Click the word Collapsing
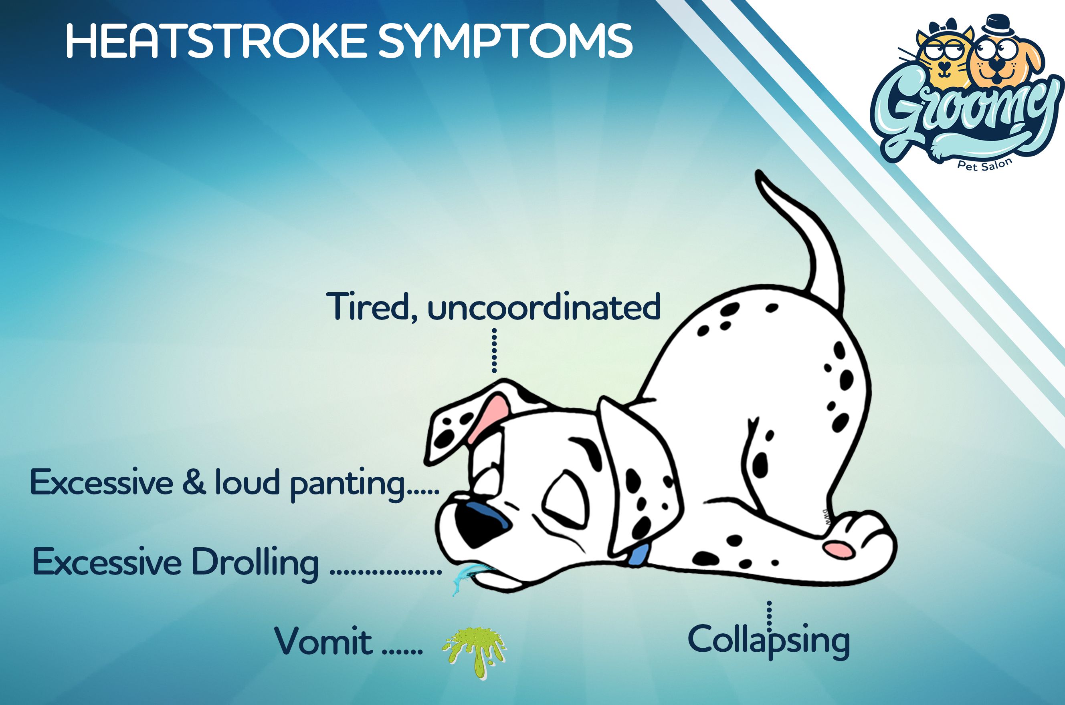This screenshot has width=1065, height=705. click(x=769, y=640)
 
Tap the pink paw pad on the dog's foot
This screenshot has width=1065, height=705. click(x=838, y=549)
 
